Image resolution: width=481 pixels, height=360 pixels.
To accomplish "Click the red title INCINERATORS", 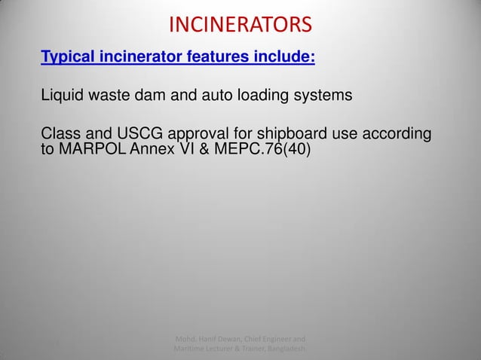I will pos(240,26).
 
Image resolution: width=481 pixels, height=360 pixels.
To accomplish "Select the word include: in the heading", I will pos(283,57).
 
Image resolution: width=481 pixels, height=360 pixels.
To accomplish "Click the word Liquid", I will pos(60,96).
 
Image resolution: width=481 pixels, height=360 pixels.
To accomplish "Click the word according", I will pos(397,136).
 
